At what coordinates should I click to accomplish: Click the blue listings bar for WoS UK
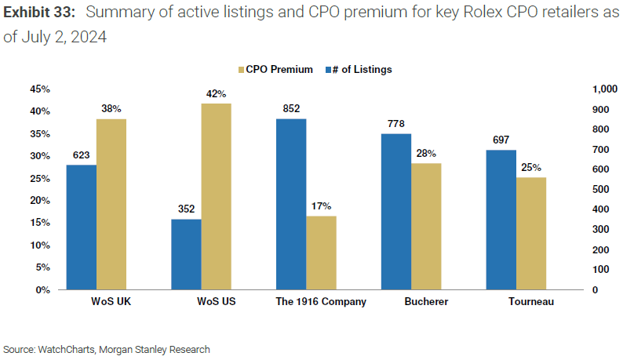pos(81,227)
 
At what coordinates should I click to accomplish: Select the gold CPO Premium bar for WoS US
pos(216,196)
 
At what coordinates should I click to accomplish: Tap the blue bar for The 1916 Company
pos(291,204)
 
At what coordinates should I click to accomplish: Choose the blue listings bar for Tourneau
pos(501,220)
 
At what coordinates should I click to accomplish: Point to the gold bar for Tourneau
pos(531,233)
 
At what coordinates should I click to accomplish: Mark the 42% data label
pos(216,94)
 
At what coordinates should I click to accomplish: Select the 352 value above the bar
pos(186,209)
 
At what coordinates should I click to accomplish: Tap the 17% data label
pos(322,207)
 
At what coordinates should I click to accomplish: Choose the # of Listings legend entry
pos(359,69)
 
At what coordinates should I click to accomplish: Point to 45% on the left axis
pos(39,89)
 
